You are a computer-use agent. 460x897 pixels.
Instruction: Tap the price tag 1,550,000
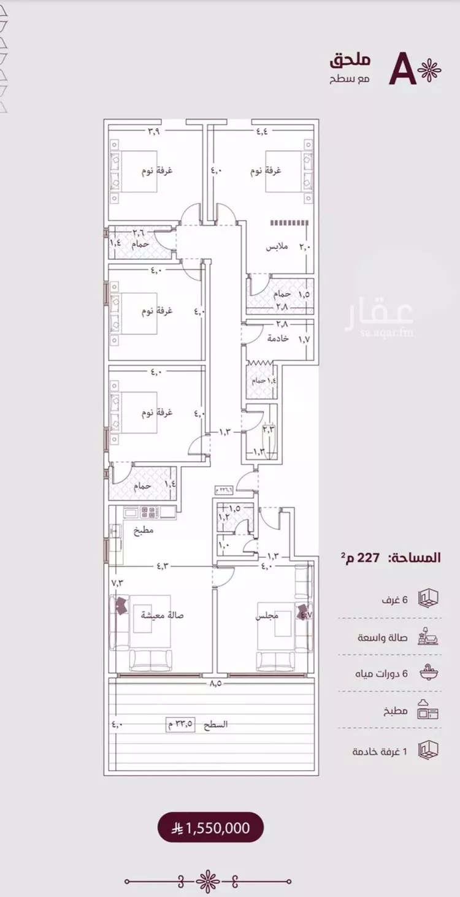212,828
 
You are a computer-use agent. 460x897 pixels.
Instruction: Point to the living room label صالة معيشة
156,616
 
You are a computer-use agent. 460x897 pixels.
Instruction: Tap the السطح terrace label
215,724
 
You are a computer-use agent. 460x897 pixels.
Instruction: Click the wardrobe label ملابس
273,246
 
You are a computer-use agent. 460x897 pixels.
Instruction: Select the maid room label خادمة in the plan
277,339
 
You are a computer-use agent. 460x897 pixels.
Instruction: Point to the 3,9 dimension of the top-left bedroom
154,130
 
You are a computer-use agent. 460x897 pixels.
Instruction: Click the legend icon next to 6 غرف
428,598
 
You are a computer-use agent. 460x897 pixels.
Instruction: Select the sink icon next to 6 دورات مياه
428,673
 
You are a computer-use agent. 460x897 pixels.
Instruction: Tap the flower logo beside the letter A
429,71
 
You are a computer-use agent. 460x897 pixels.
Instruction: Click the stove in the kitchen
149,511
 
